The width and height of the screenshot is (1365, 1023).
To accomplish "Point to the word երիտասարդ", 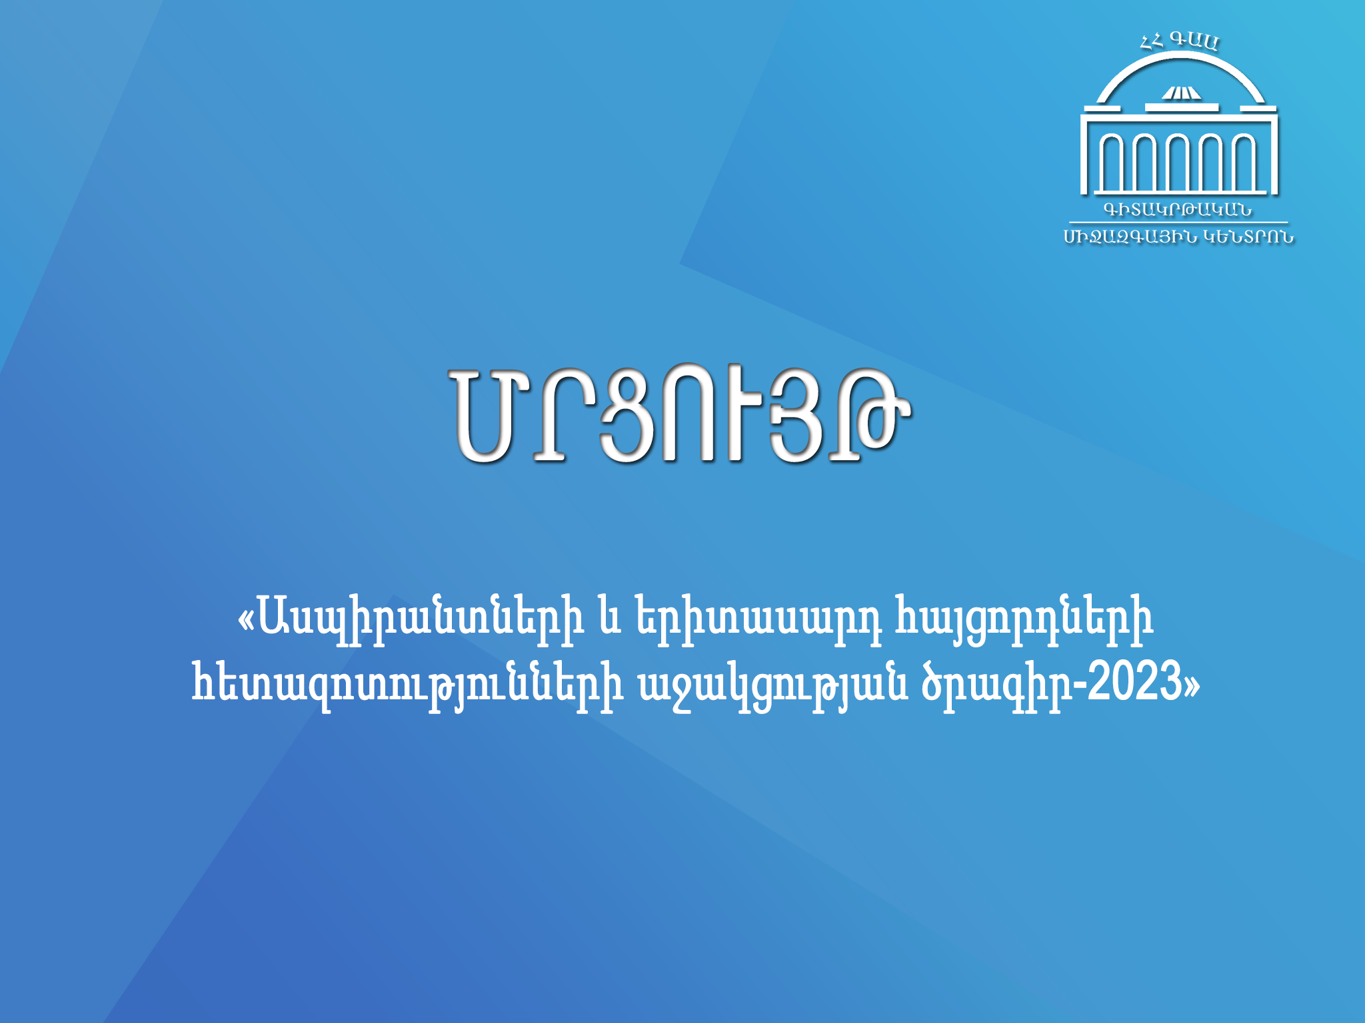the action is coord(758,623).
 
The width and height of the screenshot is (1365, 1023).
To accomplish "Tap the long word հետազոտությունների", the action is coord(407,685).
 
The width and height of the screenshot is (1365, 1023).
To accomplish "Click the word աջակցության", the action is coord(772,685).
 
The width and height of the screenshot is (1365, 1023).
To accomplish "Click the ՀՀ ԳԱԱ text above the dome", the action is coord(1179,42).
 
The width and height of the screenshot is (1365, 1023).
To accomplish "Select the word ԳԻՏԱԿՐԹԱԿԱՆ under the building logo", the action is coord(1178,210).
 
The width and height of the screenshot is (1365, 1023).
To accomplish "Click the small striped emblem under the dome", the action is coord(1181,93).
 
